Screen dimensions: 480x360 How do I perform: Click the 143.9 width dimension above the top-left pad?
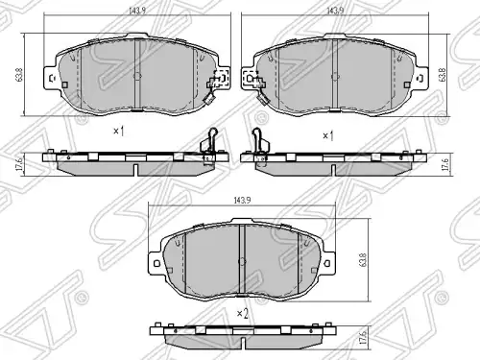pyautogui.click(x=137, y=11)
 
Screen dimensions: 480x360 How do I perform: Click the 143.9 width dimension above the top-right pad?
pyautogui.click(x=335, y=11)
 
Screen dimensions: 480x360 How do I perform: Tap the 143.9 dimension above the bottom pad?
pyautogui.click(x=242, y=201)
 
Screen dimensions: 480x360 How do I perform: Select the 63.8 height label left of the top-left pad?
pyautogui.click(x=19, y=75)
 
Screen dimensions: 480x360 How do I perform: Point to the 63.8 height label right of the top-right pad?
pyautogui.click(x=443, y=75)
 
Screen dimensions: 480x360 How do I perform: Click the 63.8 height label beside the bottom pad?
pyautogui.click(x=363, y=260)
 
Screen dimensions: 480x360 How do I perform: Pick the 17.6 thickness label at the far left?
pyautogui.click(x=19, y=163)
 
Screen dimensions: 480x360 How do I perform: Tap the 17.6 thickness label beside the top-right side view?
pyautogui.click(x=446, y=163)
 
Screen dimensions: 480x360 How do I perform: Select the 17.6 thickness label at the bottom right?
pyautogui.click(x=363, y=337)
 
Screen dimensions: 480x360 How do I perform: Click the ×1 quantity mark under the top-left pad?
pyautogui.click(x=119, y=131)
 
